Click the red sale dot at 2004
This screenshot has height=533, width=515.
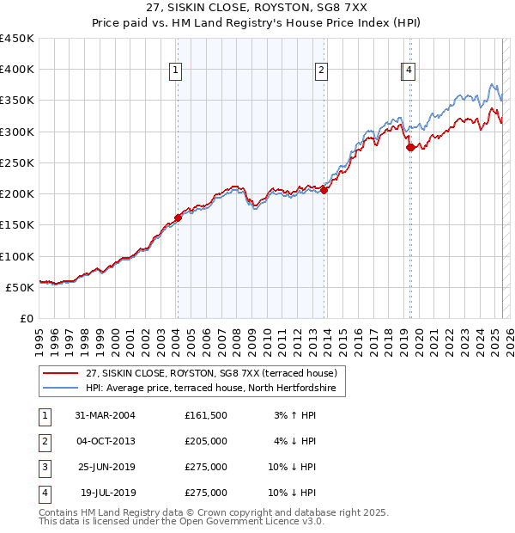pyautogui.click(x=178, y=217)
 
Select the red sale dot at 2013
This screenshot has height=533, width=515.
pyautogui.click(x=324, y=191)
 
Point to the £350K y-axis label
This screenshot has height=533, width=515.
pyautogui.click(x=17, y=101)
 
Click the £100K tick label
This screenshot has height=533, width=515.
pyautogui.click(x=17, y=256)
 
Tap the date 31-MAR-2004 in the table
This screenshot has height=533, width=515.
pyautogui.click(x=106, y=415)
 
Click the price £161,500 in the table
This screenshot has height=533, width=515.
pyautogui.click(x=206, y=415)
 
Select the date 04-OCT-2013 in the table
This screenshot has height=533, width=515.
pyautogui.click(x=106, y=441)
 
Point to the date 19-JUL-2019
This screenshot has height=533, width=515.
pyautogui.click(x=108, y=493)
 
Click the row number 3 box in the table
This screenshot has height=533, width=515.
pyautogui.click(x=44, y=467)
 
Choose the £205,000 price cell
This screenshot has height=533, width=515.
pyautogui.click(x=206, y=441)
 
